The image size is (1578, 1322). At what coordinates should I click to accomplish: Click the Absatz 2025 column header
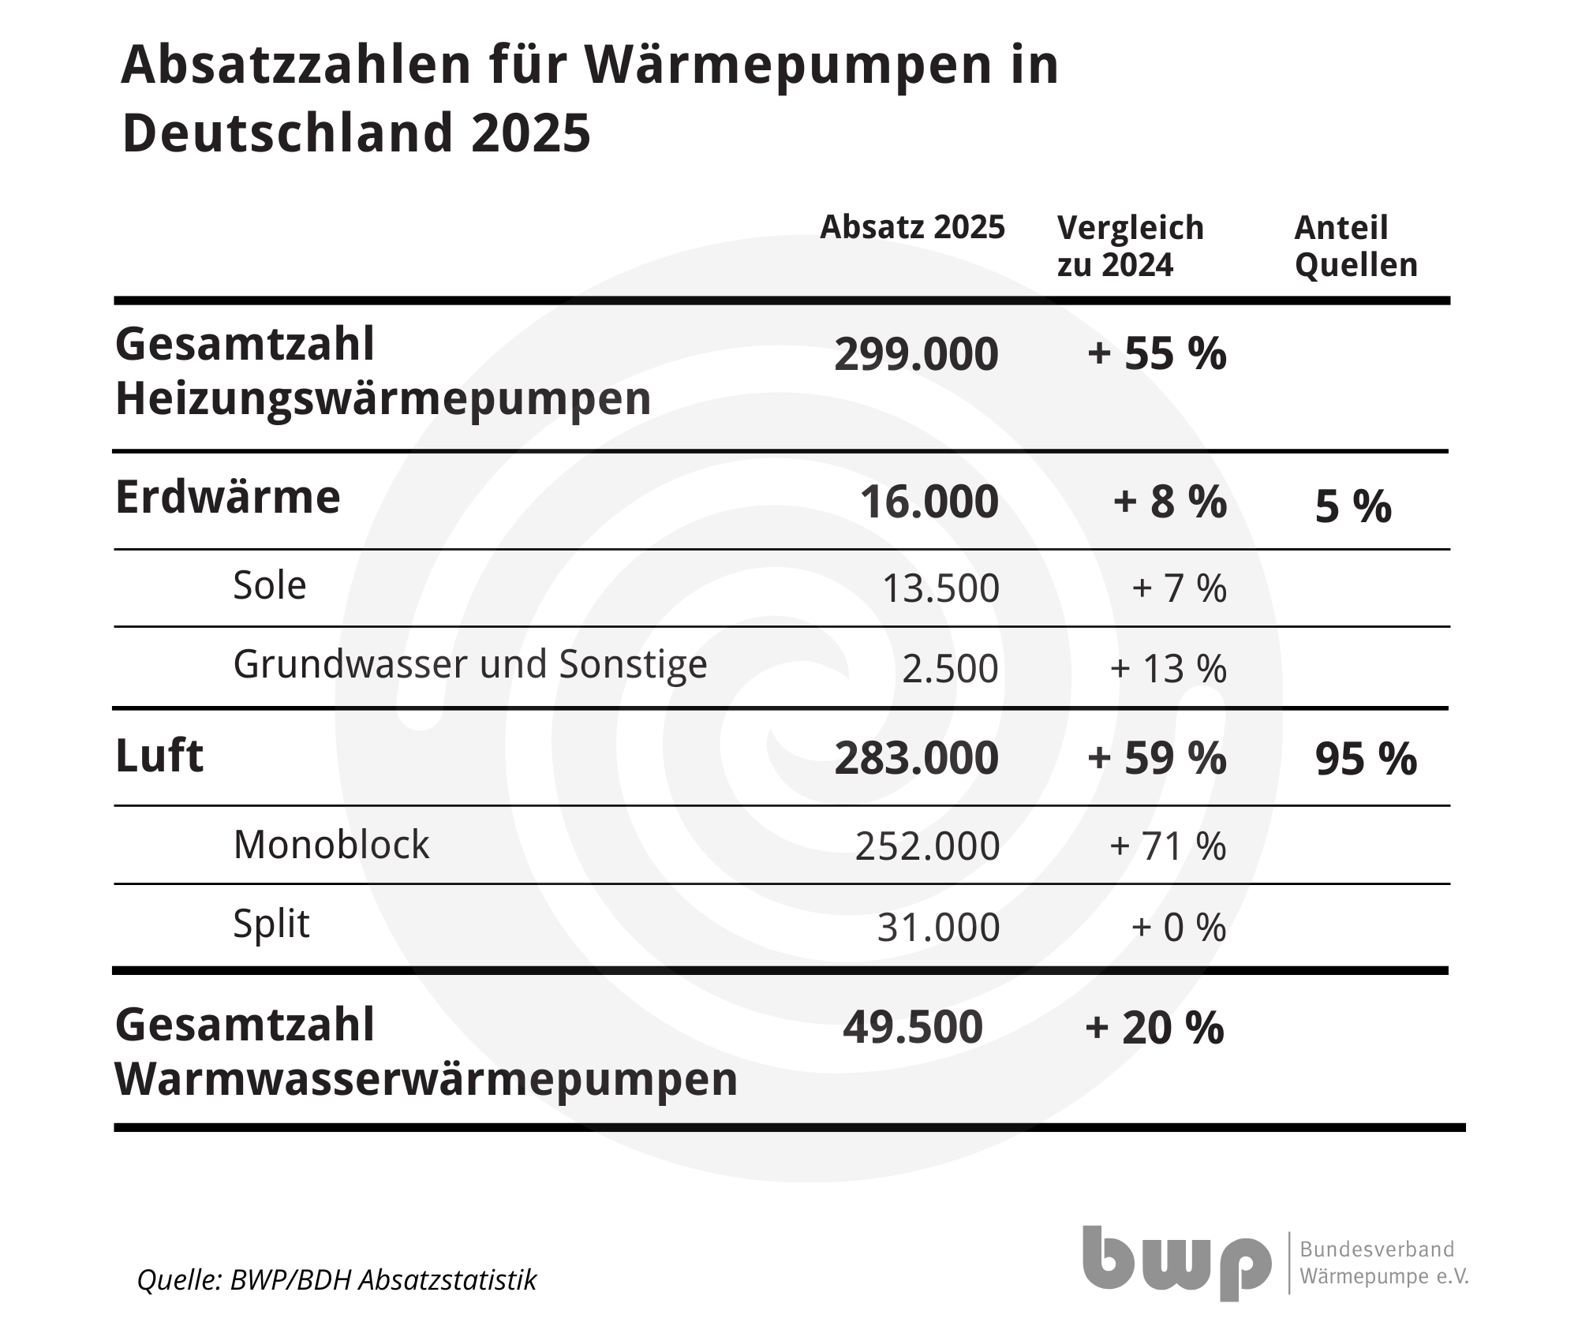(912, 228)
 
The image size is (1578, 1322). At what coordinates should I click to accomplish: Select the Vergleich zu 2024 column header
(1130, 246)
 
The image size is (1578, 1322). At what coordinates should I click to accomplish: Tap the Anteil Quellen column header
(1356, 246)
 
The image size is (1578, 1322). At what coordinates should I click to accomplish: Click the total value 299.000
(916, 354)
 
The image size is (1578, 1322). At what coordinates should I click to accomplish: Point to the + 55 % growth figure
(1157, 353)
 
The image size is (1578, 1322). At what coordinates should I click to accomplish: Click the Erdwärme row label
(228, 498)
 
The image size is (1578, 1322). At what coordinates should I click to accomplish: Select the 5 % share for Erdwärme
(1353, 506)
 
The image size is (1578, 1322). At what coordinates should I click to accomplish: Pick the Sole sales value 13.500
(940, 588)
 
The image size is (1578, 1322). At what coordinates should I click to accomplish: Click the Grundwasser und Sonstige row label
(470, 665)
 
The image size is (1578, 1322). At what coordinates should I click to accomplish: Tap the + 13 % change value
(1168, 669)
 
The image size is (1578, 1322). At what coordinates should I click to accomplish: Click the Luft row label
(159, 756)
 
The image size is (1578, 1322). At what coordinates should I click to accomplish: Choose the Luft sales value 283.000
(916, 758)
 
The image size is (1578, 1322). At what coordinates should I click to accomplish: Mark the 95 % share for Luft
(1366, 760)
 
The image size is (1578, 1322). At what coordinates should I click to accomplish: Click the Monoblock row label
(331, 845)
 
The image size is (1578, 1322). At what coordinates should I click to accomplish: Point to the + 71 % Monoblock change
(1168, 846)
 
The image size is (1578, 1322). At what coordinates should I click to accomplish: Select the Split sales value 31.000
(938, 928)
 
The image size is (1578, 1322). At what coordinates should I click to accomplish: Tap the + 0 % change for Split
(1179, 928)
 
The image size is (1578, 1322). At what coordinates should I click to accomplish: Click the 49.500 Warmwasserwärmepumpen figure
(913, 1027)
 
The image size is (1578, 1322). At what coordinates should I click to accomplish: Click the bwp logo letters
(1176, 1262)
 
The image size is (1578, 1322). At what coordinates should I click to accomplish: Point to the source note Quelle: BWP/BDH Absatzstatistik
(337, 1280)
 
